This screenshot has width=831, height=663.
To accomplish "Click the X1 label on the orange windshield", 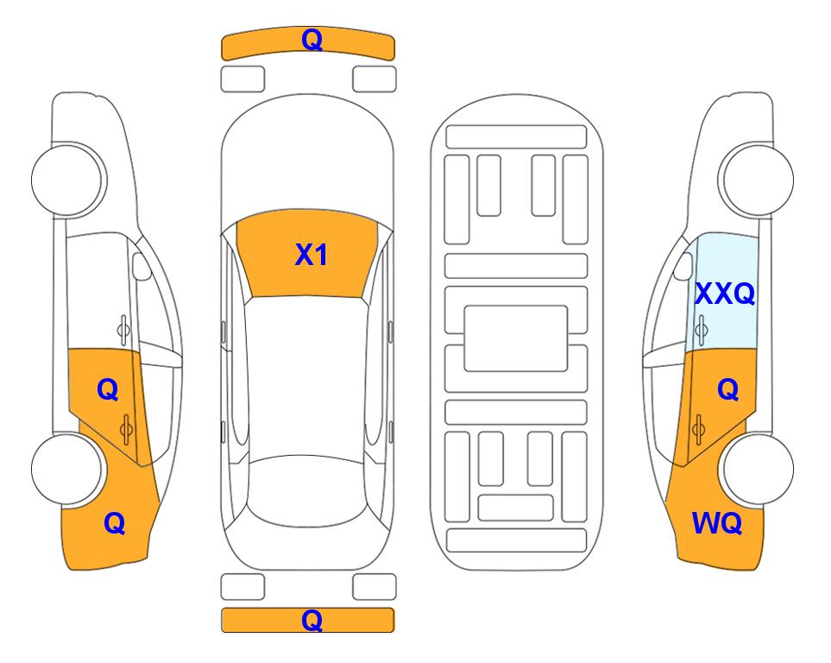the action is click(x=312, y=255).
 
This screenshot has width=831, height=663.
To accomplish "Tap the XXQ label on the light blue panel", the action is click(x=725, y=294).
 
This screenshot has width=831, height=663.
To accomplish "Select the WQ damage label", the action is click(x=717, y=523).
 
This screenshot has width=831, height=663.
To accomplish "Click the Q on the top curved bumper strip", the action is click(x=312, y=40).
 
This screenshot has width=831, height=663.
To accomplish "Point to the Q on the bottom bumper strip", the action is click(x=312, y=620).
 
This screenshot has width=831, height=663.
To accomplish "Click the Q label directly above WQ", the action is click(x=728, y=390).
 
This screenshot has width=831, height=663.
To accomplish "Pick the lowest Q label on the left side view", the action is click(x=115, y=523).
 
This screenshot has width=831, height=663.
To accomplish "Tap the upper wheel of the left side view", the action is click(x=66, y=180).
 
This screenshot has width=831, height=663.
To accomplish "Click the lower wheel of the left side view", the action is click(x=66, y=469).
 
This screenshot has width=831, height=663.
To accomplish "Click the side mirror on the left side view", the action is click(x=142, y=266).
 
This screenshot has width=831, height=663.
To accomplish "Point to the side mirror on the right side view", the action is click(x=683, y=266).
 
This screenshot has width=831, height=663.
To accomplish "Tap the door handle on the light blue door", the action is click(x=701, y=330).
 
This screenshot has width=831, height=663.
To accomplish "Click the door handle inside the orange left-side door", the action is click(x=126, y=429).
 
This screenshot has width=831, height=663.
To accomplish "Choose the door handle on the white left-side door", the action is click(x=123, y=330).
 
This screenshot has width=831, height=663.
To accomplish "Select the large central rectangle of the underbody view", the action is click(x=516, y=338).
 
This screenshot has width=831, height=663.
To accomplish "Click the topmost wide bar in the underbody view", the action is click(x=516, y=137).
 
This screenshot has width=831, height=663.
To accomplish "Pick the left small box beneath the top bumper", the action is click(x=242, y=79).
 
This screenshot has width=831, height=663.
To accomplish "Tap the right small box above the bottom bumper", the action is click(x=375, y=587).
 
